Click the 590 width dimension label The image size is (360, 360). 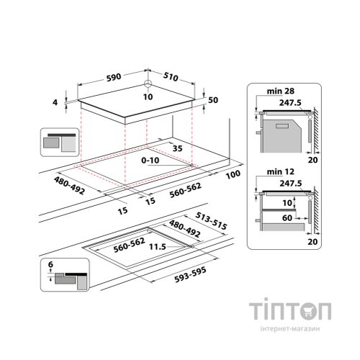click(x=114, y=78)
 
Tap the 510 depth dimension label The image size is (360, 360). click(x=171, y=77)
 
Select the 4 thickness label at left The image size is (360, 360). click(x=55, y=102)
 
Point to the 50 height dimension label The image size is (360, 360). click(x=213, y=100)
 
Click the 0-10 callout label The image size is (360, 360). click(x=150, y=160)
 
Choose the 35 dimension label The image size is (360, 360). click(x=177, y=148)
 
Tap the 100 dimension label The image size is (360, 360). click(x=233, y=174)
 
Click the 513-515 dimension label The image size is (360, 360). click(x=211, y=221)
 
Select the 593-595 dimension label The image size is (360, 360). click(x=190, y=275)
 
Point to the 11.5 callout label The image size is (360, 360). click(x=158, y=246)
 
